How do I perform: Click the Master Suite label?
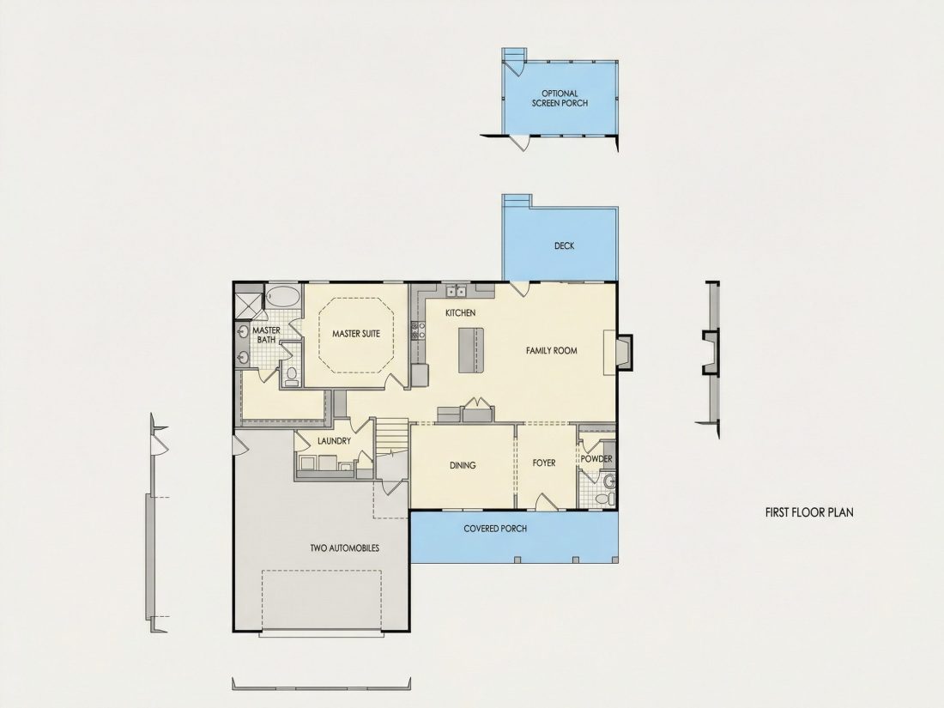click(x=356, y=334)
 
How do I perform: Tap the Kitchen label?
click(x=461, y=313)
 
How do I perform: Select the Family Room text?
click(x=552, y=350)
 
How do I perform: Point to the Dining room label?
click(x=463, y=465)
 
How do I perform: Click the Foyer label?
click(x=544, y=463)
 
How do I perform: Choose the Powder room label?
click(x=596, y=459)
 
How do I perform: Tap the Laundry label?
click(x=334, y=441)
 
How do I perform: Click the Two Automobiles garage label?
click(x=344, y=548)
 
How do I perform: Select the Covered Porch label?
click(x=495, y=529)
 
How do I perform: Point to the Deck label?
click(x=564, y=245)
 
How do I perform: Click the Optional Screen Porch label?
click(x=560, y=98)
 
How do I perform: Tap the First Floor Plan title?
click(x=809, y=513)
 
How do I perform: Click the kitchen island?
click(x=471, y=350)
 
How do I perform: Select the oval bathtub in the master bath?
click(x=282, y=297)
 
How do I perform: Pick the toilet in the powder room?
click(x=604, y=499)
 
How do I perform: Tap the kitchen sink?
click(x=457, y=292)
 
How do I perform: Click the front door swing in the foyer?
click(x=546, y=502)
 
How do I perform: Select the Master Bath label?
click(x=266, y=336)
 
